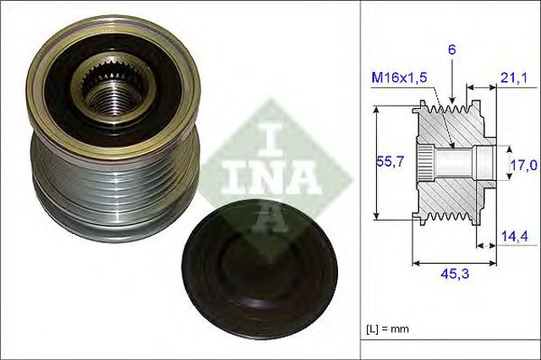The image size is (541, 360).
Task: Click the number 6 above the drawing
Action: point(452,50)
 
